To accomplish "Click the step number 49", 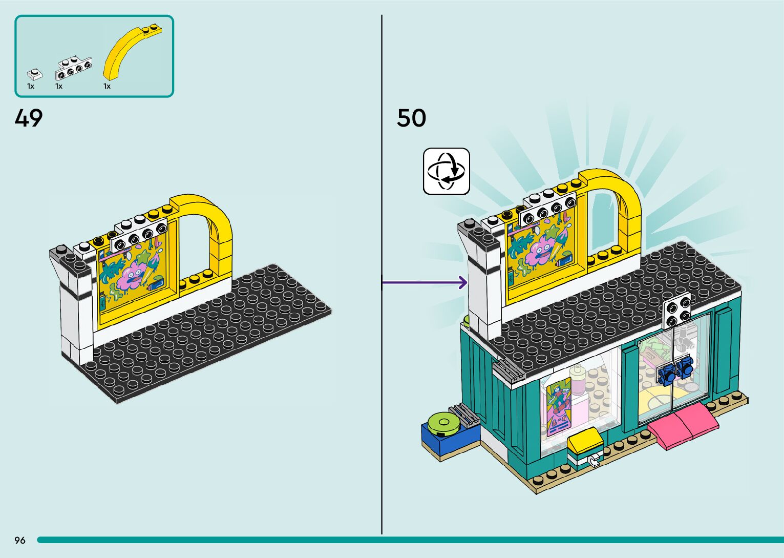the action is (x=29, y=118).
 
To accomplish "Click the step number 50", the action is (x=411, y=118).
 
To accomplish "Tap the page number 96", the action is (x=20, y=540).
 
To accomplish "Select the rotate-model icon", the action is (x=446, y=171).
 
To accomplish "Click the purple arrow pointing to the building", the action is (x=425, y=282).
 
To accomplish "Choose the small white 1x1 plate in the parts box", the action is (x=34, y=74).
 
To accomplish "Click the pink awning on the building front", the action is (x=683, y=425).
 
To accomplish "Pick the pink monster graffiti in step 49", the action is (x=132, y=277).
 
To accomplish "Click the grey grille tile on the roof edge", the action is (x=506, y=369).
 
